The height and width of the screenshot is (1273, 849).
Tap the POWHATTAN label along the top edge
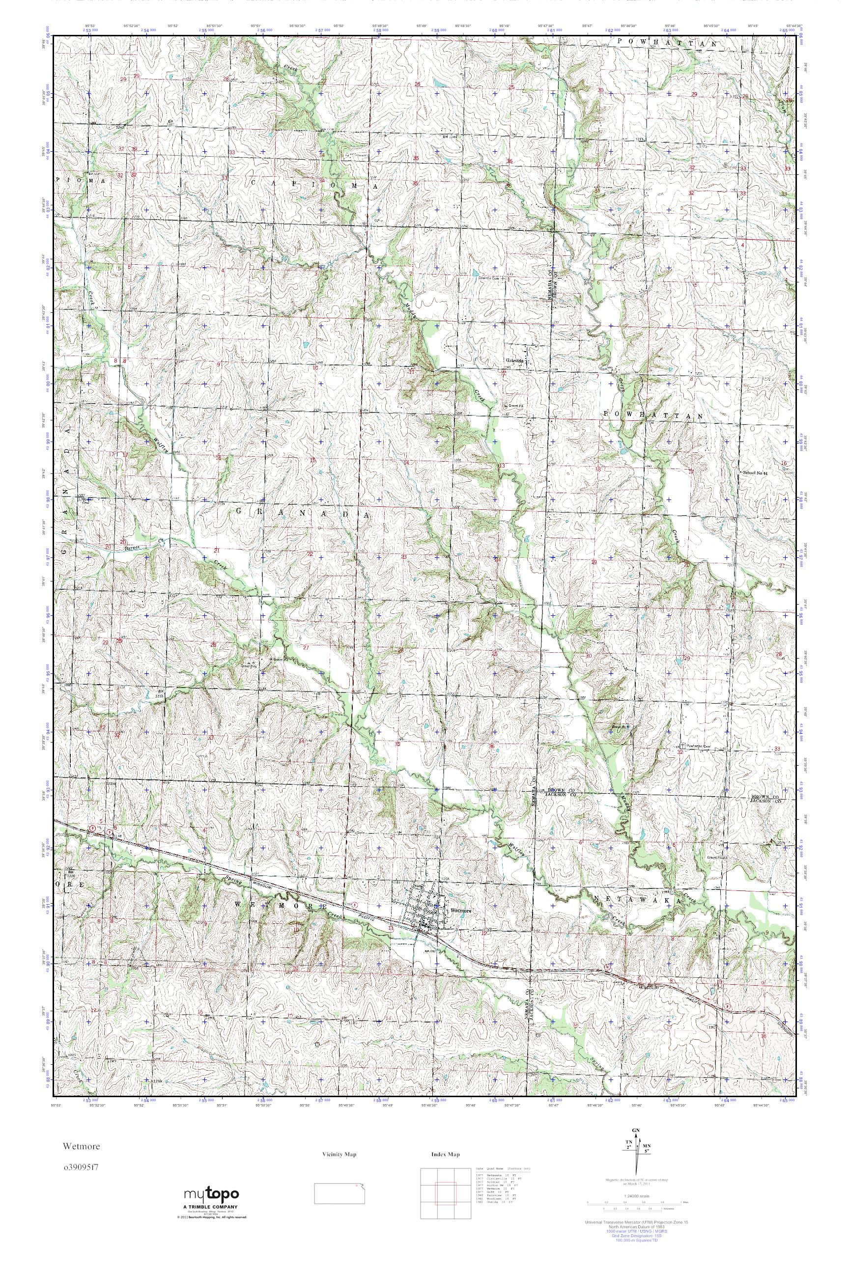[668, 43]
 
